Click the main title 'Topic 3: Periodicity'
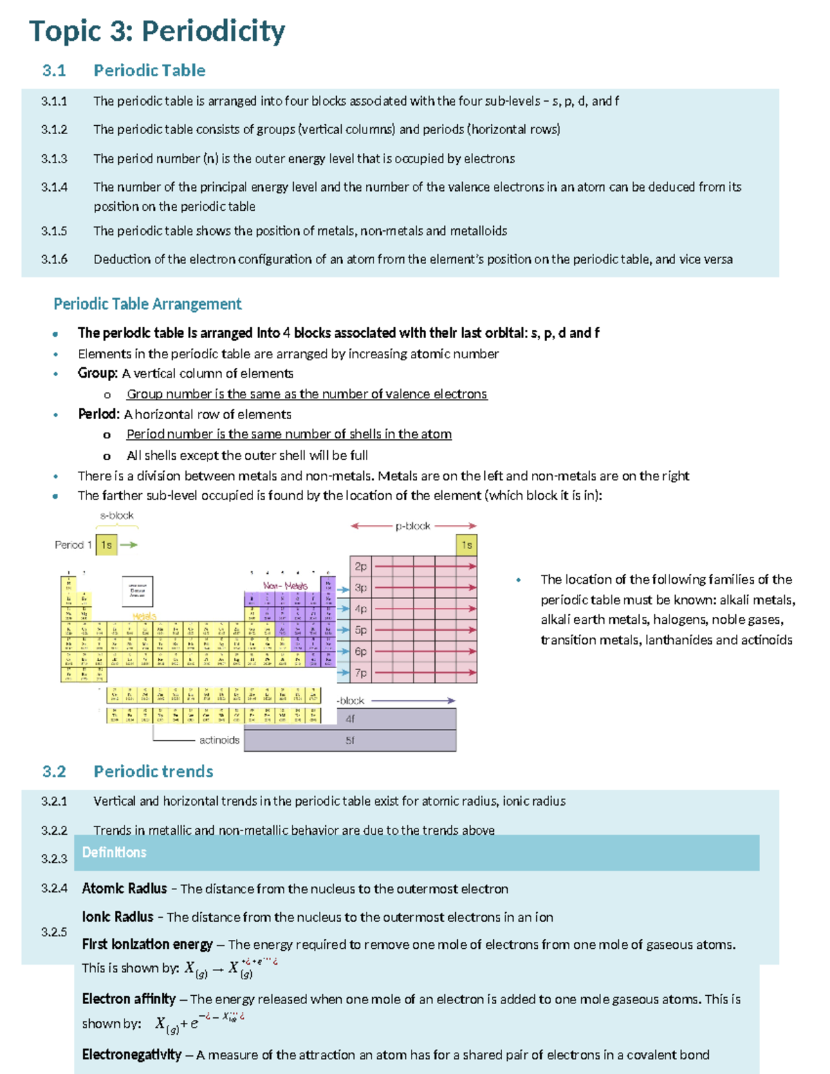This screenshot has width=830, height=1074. [157, 32]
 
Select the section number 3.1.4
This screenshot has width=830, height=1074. [54, 187]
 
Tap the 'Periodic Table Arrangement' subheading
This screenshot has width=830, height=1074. [147, 304]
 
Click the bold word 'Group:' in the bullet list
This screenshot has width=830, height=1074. [98, 373]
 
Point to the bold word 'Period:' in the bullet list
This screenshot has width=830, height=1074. [99, 414]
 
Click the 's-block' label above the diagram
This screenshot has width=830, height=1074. [116, 515]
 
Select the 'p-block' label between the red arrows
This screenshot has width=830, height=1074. [413, 526]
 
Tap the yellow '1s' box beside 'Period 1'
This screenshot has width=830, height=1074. [107, 545]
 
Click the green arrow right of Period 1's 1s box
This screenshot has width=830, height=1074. [129, 545]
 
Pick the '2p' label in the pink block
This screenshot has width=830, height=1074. [360, 566]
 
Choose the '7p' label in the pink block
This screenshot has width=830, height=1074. [360, 673]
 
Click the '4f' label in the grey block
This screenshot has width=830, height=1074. [350, 719]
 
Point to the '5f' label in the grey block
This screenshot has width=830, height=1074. [350, 741]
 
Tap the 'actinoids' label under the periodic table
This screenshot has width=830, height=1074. [219, 740]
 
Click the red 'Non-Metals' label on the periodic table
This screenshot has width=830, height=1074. [285, 586]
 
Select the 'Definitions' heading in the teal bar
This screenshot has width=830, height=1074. [114, 853]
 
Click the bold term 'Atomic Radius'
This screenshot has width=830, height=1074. [124, 889]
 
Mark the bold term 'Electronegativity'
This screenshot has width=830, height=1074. [131, 1055]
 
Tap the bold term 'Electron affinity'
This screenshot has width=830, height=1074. [129, 999]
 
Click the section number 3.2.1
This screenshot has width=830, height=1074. [54, 801]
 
